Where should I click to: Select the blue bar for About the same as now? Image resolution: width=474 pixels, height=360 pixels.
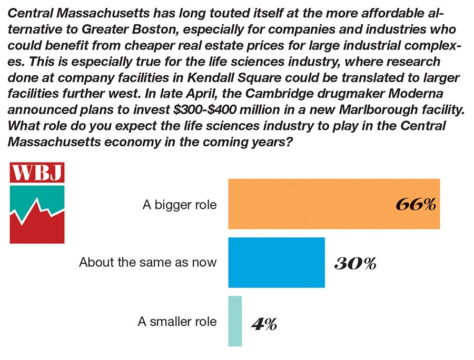[x=276, y=263]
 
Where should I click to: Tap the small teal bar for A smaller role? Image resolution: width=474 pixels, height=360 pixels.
[x=235, y=321]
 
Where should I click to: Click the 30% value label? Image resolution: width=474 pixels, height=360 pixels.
[x=355, y=263]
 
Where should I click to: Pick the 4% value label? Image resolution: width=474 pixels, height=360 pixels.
[x=264, y=324]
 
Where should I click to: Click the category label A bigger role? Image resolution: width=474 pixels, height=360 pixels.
[x=180, y=205]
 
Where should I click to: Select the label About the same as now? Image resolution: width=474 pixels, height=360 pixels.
[x=147, y=262]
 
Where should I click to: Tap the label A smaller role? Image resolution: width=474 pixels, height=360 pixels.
[x=177, y=321]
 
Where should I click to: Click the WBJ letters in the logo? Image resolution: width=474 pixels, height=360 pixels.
[x=37, y=173]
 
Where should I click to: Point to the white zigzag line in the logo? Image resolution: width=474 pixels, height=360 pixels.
[x=37, y=211]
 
